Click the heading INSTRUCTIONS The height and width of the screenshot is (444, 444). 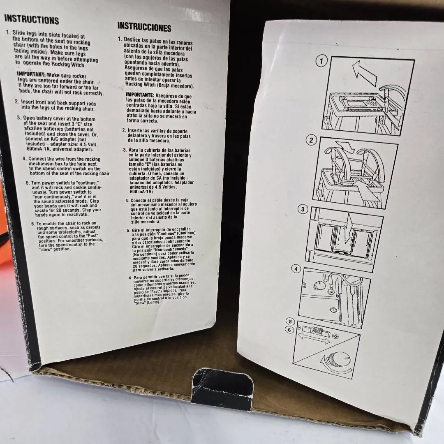pyautogui.click(x=31, y=19)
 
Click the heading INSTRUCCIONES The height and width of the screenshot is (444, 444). pyautogui.click(x=144, y=27)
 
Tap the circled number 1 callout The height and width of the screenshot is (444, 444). pyautogui.click(x=321, y=60)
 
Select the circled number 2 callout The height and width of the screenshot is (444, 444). pyautogui.click(x=311, y=140)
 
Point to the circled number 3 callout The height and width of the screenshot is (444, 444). pyautogui.click(x=303, y=209)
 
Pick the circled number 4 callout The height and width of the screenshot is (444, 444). pyautogui.click(x=296, y=269)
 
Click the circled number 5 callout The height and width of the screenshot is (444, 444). pyautogui.click(x=290, y=321)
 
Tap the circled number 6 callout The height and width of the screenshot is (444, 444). pyautogui.click(x=289, y=330)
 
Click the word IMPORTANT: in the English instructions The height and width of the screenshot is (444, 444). pyautogui.click(x=31, y=74)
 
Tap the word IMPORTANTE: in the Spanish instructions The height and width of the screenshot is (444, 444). pyautogui.click(x=140, y=95)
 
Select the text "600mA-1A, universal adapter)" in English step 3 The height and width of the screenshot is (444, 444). pyautogui.click(x=60, y=149)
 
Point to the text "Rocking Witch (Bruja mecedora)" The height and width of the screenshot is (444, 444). pyautogui.click(x=160, y=85)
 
